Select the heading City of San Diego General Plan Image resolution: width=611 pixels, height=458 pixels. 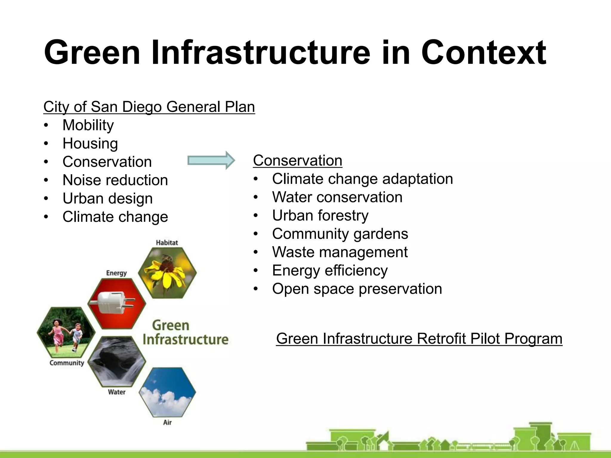pyautogui.click(x=149, y=107)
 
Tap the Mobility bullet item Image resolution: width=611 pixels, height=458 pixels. pyautogui.click(x=88, y=125)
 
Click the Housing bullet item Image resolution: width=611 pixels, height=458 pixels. pyautogui.click(x=90, y=143)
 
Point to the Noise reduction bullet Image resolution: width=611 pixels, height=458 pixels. pyautogui.click(x=115, y=180)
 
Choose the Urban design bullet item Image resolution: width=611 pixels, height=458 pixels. pyautogui.click(x=107, y=199)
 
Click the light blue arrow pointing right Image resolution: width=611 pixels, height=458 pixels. pyautogui.click(x=211, y=160)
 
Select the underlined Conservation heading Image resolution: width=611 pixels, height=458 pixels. pyautogui.click(x=297, y=161)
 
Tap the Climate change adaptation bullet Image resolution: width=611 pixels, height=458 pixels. pyautogui.click(x=362, y=179)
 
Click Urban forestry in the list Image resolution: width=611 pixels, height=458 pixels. pyautogui.click(x=320, y=216)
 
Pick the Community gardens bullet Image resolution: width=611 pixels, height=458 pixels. pyautogui.click(x=340, y=234)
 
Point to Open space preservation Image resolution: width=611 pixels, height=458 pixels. pyautogui.click(x=357, y=289)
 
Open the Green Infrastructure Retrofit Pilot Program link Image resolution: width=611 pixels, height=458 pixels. pyautogui.click(x=419, y=339)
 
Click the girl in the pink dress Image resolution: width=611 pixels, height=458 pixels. pyautogui.click(x=58, y=334)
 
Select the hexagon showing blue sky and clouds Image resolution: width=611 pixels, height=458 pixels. pyautogui.click(x=167, y=392)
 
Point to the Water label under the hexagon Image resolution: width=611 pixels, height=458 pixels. pyautogui.click(x=117, y=392)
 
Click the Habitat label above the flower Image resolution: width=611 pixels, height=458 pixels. pyautogui.click(x=167, y=243)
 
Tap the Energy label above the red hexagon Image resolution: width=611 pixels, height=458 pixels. pyautogui.click(x=116, y=273)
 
